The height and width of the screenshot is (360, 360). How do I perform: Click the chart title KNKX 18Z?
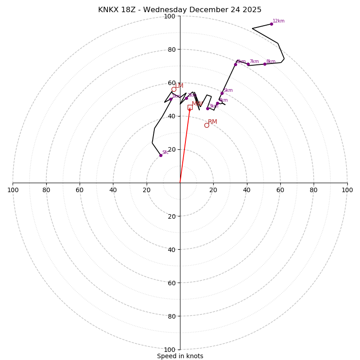tap(180, 10)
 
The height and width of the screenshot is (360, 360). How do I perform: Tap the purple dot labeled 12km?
tap(271, 24)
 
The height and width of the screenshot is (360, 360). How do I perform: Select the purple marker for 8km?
tap(265, 64)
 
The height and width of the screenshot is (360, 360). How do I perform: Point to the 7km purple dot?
tap(248, 64)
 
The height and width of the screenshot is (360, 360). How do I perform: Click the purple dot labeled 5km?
tap(222, 94)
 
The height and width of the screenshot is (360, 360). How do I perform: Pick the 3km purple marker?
tap(207, 108)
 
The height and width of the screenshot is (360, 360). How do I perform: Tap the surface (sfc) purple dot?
tap(161, 155)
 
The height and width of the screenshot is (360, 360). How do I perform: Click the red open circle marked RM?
tap(207, 125)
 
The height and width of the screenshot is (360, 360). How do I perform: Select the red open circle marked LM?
tap(174, 89)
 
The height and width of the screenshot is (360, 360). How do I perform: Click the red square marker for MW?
tap(190, 107)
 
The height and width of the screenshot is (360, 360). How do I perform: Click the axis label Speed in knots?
tap(180, 356)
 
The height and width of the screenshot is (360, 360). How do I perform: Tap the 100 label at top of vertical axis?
tap(170, 16)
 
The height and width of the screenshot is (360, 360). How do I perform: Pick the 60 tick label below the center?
tap(172, 283)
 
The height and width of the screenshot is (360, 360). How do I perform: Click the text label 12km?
tap(279, 21)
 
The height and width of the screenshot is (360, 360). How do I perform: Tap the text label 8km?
tap(271, 62)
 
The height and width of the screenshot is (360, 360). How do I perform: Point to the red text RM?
tap(212, 122)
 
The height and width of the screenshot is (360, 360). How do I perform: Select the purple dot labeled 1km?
tap(171, 99)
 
